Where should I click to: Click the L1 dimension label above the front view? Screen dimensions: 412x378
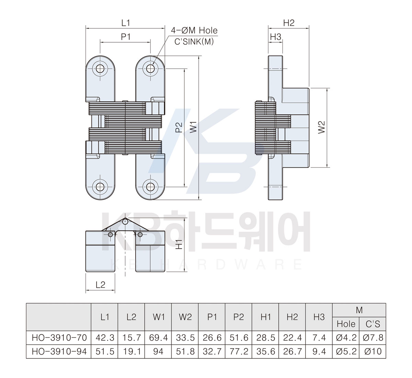(x=126, y=23)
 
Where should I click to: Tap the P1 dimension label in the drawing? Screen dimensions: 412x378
(x=126, y=37)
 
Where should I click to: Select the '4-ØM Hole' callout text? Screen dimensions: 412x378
(x=194, y=31)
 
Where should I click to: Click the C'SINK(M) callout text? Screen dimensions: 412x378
(x=194, y=42)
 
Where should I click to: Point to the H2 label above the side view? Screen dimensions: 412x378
(x=289, y=23)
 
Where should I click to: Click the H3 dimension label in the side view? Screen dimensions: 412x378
(x=275, y=37)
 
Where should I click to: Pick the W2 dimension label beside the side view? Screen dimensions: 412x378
(x=322, y=127)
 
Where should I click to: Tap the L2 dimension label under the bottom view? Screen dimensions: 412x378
(x=101, y=285)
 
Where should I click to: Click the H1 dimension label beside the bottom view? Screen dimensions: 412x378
(x=179, y=244)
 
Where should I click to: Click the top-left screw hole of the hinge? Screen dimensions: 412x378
(x=100, y=68)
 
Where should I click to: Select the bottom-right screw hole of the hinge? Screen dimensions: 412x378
(x=150, y=187)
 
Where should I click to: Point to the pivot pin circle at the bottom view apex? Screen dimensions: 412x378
(x=125, y=222)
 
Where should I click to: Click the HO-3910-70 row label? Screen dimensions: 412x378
(x=59, y=338)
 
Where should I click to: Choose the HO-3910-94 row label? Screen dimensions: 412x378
(x=59, y=352)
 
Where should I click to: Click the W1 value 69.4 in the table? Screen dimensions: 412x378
(x=158, y=338)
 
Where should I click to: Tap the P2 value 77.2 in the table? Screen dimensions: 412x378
(x=239, y=352)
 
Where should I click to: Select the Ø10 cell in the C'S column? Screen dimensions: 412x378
(x=373, y=352)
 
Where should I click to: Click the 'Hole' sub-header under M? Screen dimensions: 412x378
(x=346, y=324)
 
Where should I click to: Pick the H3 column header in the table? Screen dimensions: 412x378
(x=319, y=317)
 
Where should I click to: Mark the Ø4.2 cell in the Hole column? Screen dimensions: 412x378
(x=346, y=338)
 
